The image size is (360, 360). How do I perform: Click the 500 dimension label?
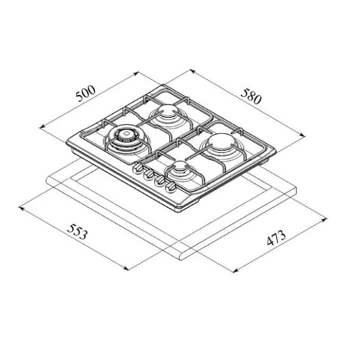coord(85,94)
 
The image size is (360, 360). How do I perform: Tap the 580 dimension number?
coord(251,96)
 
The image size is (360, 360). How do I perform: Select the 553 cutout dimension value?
coord(77,231)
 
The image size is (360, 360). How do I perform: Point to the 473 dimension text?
coord(276,238)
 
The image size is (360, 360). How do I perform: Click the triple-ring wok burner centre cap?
coord(125,133)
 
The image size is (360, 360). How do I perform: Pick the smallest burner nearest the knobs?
coord(180,166)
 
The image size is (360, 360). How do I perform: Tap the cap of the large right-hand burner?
coord(221,141)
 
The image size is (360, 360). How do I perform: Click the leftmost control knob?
coord(138,169)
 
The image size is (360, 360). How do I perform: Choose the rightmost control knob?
coord(171,187)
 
